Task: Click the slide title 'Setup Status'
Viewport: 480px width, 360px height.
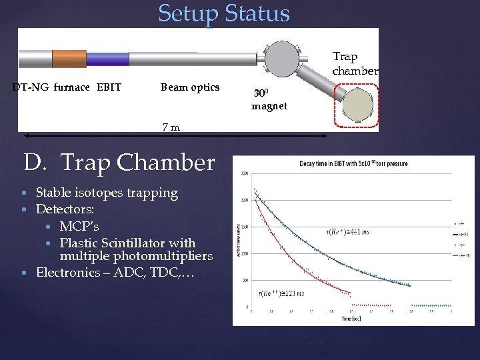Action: pos(224,13)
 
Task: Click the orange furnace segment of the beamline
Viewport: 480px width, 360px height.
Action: pos(69,59)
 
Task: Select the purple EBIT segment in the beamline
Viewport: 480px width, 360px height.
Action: pos(107,59)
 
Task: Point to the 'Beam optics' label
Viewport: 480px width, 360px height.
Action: pos(190,87)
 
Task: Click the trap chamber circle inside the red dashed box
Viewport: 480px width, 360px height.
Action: pos(359,105)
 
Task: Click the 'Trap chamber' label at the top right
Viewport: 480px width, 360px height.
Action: pos(355,63)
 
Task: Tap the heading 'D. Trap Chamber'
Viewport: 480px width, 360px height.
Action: pos(119,162)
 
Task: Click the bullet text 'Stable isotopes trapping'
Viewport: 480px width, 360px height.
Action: pos(107,193)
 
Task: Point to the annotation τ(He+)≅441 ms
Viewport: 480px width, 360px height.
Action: pos(346,231)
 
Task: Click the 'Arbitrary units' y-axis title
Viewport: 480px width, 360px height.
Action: pos(238,240)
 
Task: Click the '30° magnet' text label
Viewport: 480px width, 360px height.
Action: pos(269,100)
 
